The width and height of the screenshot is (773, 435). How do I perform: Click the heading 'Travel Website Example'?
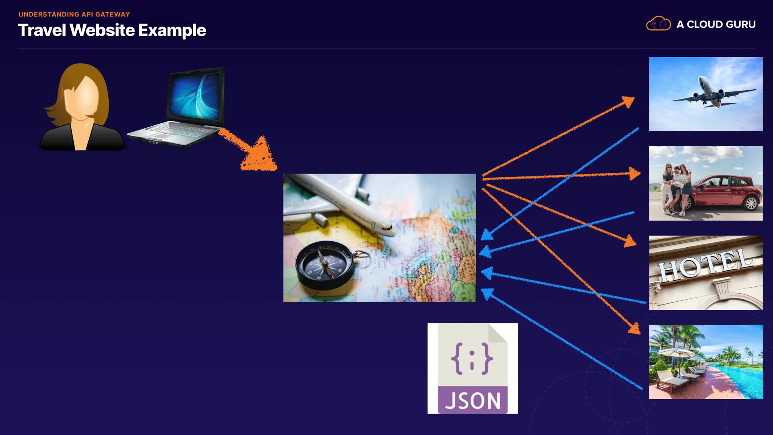[x=112, y=31]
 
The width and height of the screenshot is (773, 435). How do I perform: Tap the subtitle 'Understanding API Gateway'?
[x=74, y=14]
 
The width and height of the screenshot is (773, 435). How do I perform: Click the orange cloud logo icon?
[x=658, y=24]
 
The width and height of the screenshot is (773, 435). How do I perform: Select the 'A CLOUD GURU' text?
[x=716, y=25]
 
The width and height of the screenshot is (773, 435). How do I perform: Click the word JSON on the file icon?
[x=473, y=401]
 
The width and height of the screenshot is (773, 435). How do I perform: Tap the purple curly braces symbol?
[x=472, y=358]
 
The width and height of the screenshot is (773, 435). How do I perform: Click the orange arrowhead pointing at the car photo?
[x=635, y=174]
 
